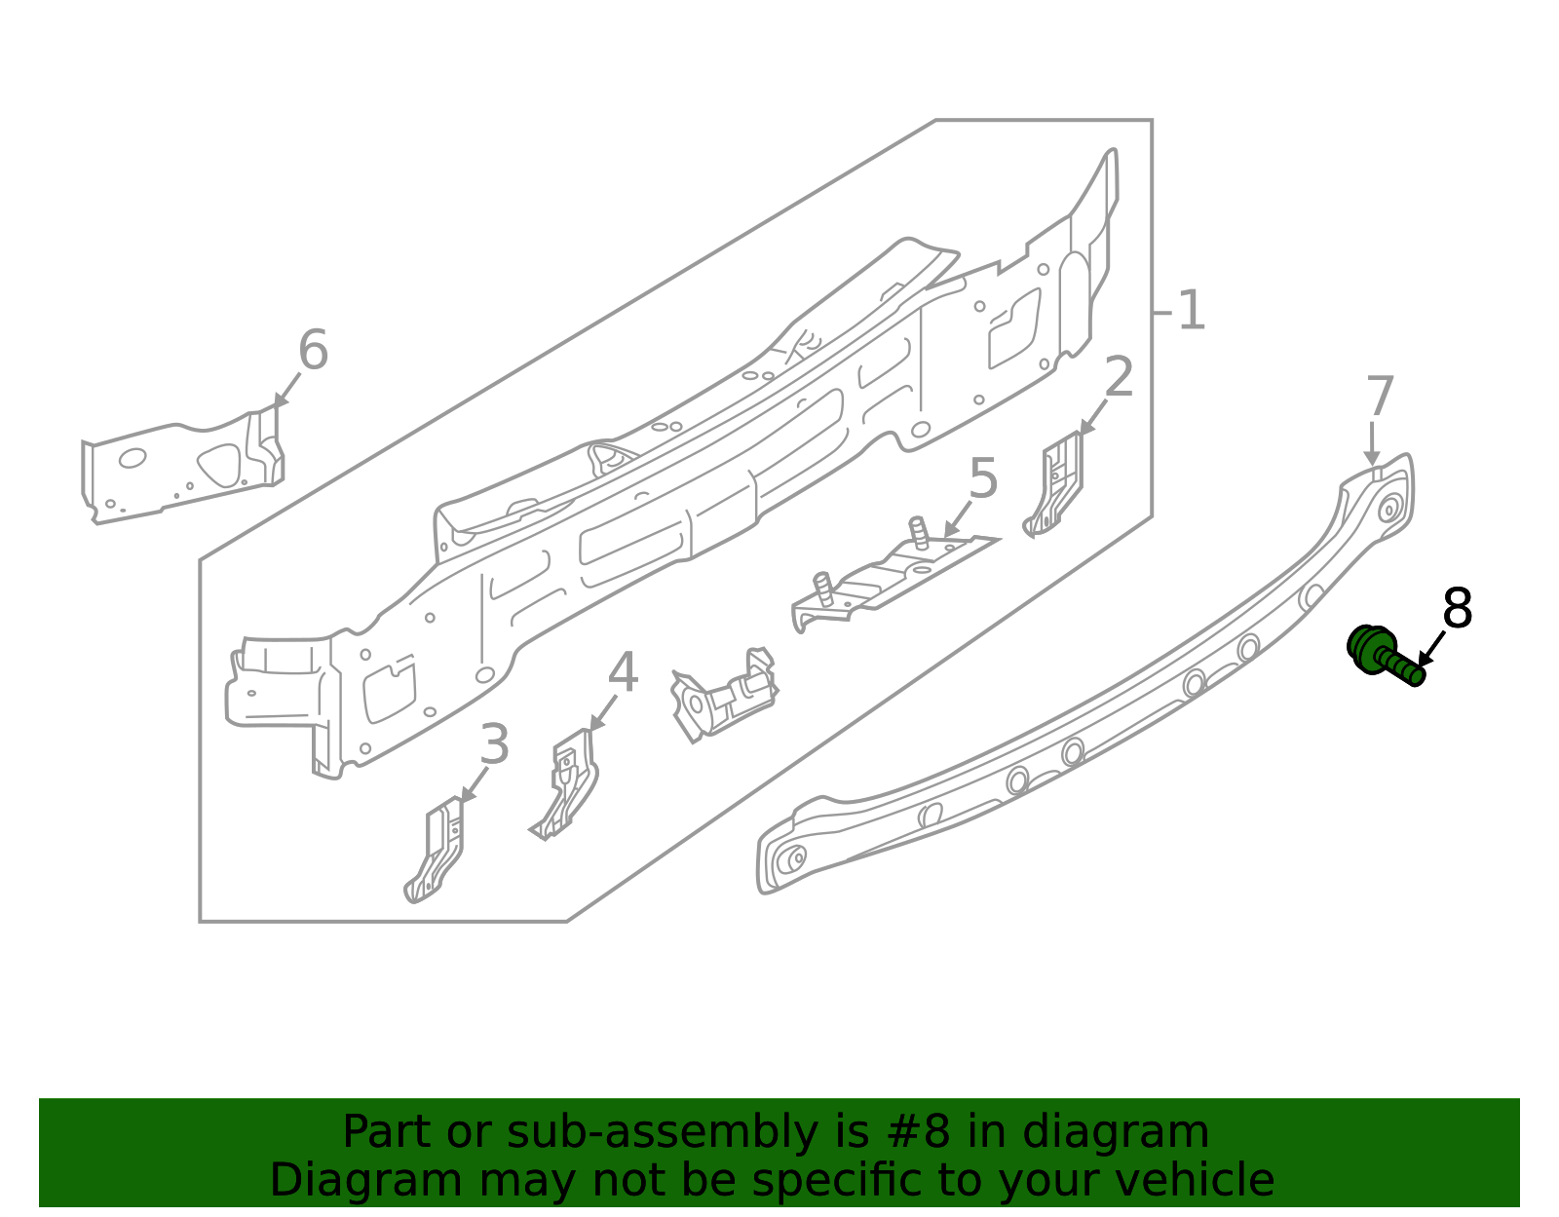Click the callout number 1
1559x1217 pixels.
[1191, 311]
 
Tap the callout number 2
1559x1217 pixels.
[1119, 377]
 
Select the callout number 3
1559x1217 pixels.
[494, 745]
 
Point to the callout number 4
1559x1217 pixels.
[623, 673]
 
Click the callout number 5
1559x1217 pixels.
[983, 479]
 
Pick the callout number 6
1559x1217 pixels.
[313, 351]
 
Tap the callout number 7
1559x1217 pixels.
[1380, 398]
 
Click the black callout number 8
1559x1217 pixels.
[1457, 610]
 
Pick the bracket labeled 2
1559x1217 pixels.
[1055, 484]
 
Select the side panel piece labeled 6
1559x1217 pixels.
[180, 468]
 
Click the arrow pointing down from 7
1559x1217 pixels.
[1372, 443]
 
